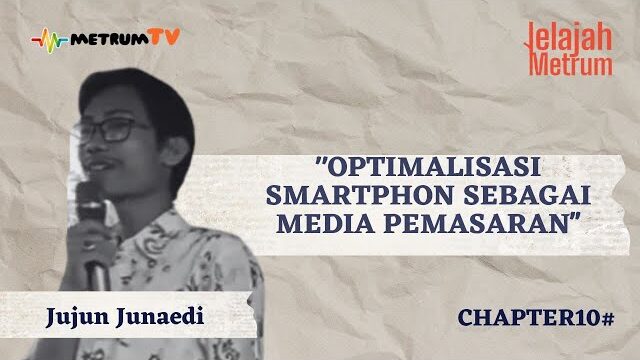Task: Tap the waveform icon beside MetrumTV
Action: [49, 41]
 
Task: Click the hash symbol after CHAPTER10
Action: [606, 318]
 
